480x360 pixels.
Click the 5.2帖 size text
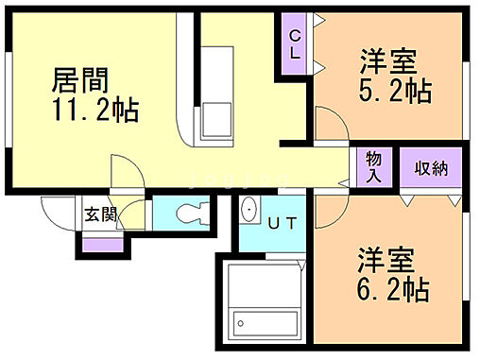pos(395,92)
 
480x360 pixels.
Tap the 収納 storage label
pos(431,169)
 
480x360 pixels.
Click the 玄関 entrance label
pos(100,214)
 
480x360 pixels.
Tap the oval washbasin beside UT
pos(249,211)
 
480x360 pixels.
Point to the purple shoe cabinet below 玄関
pos(102,245)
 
